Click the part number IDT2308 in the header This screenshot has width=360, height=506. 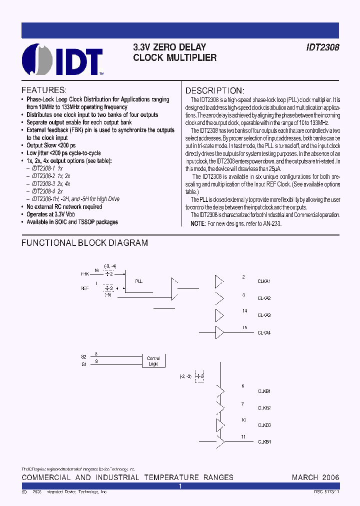(322, 47)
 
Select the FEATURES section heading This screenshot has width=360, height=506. (43, 90)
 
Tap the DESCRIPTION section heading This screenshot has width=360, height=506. (214, 90)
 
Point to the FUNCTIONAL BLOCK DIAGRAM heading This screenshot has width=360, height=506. (84, 243)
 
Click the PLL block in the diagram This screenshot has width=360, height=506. (139, 281)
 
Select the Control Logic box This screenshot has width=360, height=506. (153, 361)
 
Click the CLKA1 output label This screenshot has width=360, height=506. (264, 281)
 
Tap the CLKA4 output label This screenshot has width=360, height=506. (264, 332)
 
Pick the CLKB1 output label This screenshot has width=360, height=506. (264, 391)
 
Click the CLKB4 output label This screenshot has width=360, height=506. (264, 442)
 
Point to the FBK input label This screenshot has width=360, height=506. (84, 274)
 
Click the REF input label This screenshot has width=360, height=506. (84, 288)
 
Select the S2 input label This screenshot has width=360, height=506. (83, 356)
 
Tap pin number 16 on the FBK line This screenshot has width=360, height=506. (96, 269)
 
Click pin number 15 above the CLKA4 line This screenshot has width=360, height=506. (244, 327)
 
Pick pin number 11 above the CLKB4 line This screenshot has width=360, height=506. (243, 437)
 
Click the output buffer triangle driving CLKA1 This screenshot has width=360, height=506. (219, 281)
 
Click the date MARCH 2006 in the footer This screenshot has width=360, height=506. (315, 477)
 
